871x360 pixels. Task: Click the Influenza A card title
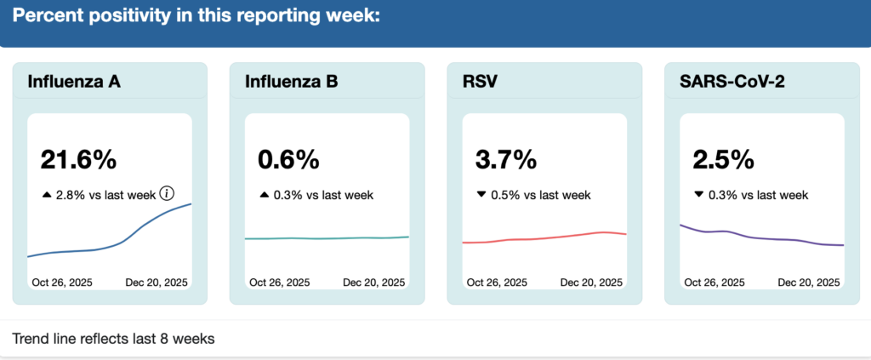(74, 82)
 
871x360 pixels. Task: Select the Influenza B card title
(291, 82)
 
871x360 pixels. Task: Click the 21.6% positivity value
(78, 159)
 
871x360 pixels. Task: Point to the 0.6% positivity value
(288, 159)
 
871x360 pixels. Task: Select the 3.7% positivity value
(506, 159)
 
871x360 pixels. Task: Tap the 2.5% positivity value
(723, 159)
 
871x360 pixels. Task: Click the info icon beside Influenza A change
(167, 194)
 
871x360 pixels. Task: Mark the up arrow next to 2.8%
(47, 195)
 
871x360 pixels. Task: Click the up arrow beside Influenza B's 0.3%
(264, 195)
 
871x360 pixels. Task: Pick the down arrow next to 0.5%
(481, 195)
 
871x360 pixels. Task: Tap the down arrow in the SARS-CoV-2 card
(698, 195)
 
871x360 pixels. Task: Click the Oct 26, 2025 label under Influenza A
(62, 282)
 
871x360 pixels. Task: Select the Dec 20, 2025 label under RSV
(591, 282)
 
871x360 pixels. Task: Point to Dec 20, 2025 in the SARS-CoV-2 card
(808, 282)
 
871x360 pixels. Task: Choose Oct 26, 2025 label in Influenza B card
(280, 282)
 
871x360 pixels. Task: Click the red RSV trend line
(544, 237)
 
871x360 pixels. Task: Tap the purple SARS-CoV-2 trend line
(761, 238)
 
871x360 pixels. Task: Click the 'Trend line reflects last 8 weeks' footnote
(113, 339)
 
